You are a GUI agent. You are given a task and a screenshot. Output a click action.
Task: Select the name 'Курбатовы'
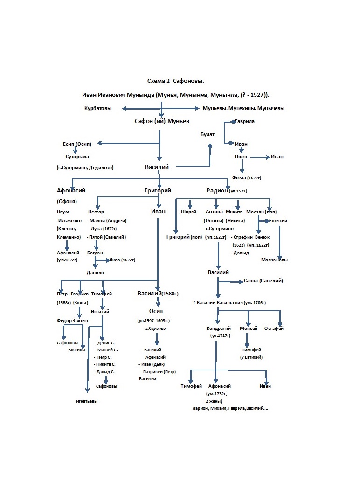(98, 109)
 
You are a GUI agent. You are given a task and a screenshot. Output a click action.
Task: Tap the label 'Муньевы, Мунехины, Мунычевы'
(243, 109)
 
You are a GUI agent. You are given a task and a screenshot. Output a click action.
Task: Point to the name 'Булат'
(208, 135)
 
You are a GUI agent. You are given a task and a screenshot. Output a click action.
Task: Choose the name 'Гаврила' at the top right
(245, 121)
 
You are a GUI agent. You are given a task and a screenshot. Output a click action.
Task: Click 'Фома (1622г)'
(247, 178)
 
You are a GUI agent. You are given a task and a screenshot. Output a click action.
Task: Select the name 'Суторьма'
(77, 157)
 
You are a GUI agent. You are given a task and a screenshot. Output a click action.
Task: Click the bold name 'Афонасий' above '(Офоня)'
(71, 191)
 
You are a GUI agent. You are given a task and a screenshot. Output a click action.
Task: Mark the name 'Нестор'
(96, 212)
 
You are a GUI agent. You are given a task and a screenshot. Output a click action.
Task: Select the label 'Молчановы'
(275, 260)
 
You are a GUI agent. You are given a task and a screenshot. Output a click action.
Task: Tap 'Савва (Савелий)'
(263, 281)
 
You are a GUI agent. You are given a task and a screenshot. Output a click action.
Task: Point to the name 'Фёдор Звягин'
(72, 321)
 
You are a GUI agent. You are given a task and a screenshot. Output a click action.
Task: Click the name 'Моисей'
(249, 329)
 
